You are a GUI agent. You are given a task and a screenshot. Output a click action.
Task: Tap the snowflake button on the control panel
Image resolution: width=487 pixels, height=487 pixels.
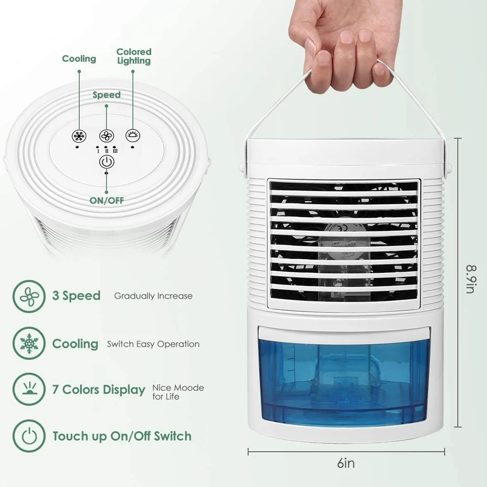79,136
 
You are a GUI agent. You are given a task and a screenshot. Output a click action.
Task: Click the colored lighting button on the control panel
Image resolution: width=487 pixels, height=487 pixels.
132,135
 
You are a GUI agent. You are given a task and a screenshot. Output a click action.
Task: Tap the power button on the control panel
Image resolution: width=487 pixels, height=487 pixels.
107,162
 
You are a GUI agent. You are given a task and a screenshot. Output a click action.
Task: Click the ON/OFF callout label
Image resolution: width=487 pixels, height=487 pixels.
107,200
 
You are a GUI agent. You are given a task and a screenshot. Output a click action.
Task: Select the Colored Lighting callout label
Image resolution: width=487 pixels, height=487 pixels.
134,56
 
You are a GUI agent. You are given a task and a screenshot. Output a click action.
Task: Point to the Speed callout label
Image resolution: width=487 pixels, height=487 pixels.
107,95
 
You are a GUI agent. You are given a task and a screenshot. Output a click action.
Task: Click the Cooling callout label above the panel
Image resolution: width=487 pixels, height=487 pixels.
79,58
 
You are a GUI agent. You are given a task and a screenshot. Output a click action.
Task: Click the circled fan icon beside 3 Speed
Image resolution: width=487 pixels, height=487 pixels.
29,296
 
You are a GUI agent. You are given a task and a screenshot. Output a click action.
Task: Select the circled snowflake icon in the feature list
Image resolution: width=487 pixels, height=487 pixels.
29,343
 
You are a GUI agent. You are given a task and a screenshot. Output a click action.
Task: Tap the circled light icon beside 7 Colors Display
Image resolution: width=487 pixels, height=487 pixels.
29,389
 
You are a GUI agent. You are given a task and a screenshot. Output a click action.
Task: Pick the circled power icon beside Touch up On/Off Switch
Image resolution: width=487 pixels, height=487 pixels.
29,436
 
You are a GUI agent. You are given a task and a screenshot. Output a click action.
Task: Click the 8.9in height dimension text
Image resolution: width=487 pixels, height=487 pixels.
471,279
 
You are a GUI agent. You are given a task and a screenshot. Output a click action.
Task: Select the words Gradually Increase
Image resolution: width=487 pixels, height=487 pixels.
153,296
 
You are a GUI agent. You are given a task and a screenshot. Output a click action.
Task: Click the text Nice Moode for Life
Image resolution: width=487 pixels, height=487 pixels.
178,392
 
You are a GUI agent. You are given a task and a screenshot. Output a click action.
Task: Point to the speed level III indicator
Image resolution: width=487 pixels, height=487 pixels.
115,150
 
